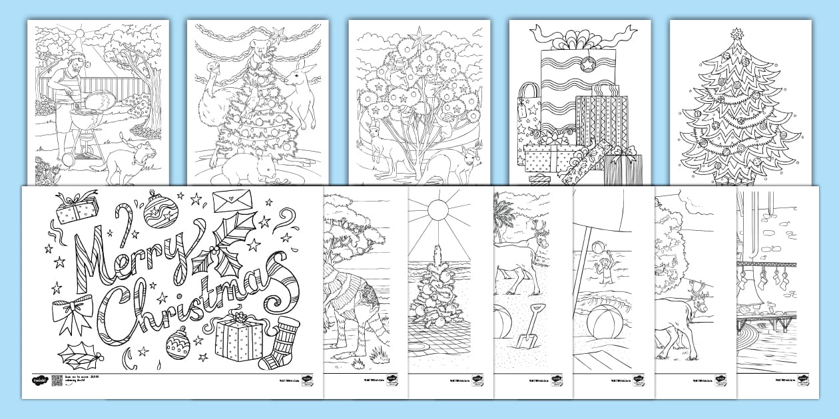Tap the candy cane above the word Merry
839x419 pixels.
(124, 219)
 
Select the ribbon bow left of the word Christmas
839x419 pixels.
(73, 313)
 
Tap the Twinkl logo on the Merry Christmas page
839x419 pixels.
(41, 380)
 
